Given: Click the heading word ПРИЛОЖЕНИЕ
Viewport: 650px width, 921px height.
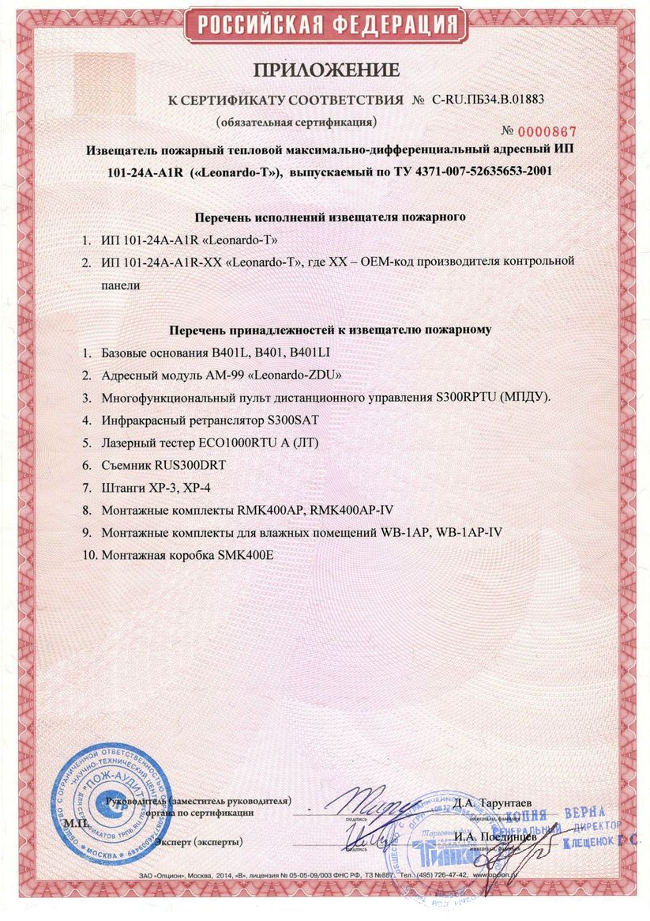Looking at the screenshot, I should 326,70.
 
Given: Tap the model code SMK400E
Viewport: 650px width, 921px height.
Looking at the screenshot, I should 239,555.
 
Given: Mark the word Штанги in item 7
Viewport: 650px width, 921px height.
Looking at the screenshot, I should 125,489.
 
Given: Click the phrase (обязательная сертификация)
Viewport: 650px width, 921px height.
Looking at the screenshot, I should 297,123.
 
